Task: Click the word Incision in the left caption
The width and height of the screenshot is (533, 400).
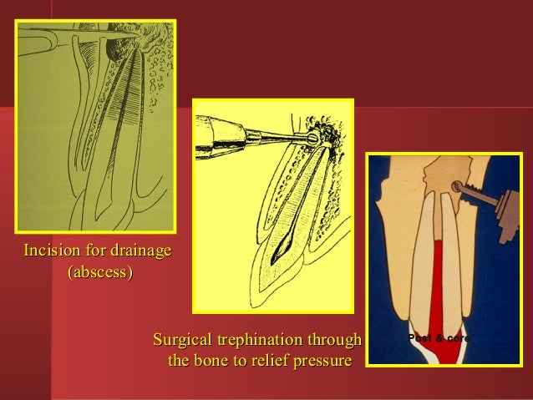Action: (x=49, y=251)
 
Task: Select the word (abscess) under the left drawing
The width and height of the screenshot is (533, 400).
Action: (x=99, y=272)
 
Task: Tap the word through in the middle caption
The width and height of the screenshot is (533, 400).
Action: (x=335, y=341)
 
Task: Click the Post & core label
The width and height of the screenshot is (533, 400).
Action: (x=439, y=338)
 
